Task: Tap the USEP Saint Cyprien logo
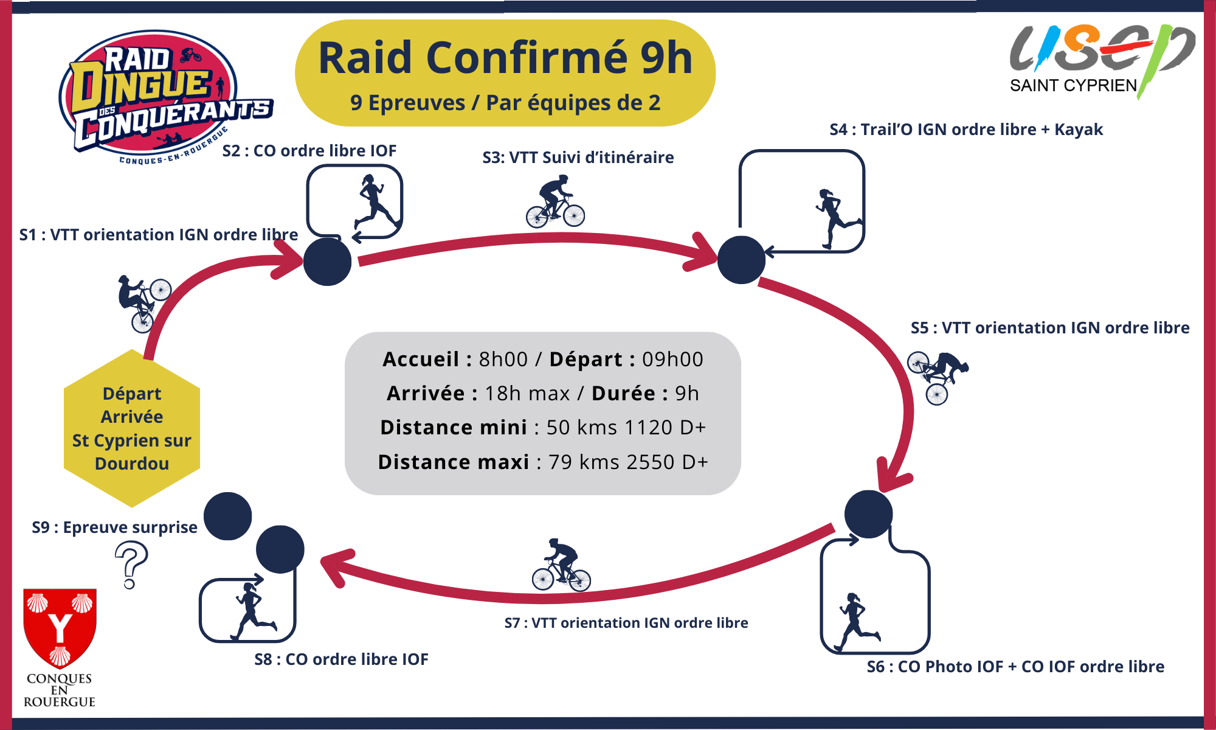(x=1100, y=58)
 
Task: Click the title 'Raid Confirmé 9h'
(x=505, y=58)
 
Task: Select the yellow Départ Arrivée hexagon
(x=132, y=428)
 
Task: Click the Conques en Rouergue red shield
(x=60, y=627)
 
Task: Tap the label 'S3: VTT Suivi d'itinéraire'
(x=578, y=158)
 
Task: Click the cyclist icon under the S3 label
(x=555, y=202)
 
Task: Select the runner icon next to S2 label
(x=376, y=202)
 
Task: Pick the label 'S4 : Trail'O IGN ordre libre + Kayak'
(x=966, y=130)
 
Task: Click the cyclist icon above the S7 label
(x=561, y=566)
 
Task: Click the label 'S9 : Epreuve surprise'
(x=114, y=527)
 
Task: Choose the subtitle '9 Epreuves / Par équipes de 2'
(x=505, y=103)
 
